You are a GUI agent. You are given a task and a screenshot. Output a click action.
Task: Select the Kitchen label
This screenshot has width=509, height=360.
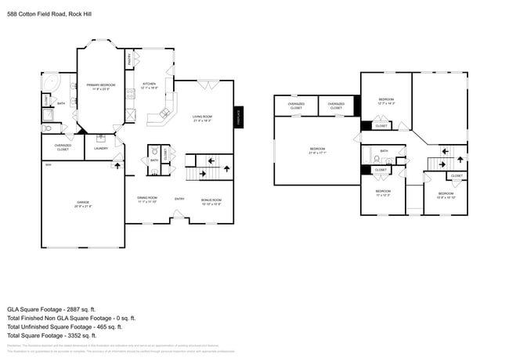(150, 85)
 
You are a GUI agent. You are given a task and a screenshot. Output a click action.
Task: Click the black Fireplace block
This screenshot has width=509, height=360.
(239, 117)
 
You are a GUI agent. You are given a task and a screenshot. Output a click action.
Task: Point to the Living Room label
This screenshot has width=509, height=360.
(203, 118)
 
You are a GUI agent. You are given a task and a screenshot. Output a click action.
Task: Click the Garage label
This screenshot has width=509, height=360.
(82, 204)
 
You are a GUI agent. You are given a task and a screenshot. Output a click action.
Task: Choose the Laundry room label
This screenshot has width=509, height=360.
(100, 148)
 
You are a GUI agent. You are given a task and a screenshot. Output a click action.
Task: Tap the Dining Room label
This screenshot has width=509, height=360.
(147, 200)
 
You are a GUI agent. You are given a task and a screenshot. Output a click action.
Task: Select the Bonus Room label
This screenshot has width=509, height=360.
(211, 200)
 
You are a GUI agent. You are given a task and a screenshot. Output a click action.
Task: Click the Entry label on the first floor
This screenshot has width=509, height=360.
(179, 198)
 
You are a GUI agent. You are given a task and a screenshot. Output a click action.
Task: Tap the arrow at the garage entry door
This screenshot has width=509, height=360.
(117, 165)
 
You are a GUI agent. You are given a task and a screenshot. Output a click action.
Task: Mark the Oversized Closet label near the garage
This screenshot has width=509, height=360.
(63, 146)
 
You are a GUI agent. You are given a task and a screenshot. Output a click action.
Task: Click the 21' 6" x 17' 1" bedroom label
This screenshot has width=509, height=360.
(316, 149)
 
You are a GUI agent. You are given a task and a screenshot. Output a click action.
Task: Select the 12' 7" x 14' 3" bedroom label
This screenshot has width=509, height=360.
(386, 101)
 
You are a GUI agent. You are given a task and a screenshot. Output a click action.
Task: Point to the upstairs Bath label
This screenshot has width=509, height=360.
(384, 151)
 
